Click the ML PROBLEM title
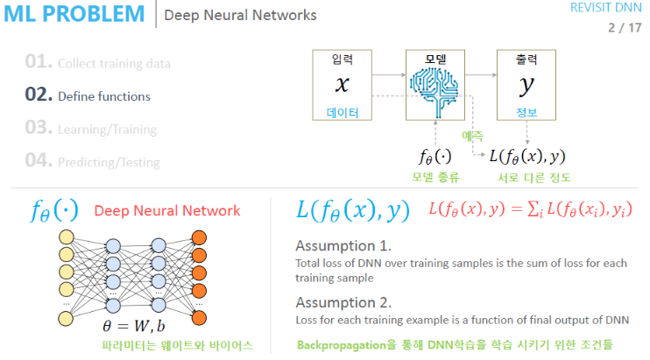(x=74, y=15)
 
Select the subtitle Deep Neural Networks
(x=240, y=16)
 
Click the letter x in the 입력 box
(x=343, y=85)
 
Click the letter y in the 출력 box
(x=526, y=85)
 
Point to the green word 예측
(x=473, y=136)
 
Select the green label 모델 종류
(x=435, y=178)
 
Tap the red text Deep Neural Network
(x=166, y=210)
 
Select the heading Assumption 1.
(x=343, y=245)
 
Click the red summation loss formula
(x=530, y=210)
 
